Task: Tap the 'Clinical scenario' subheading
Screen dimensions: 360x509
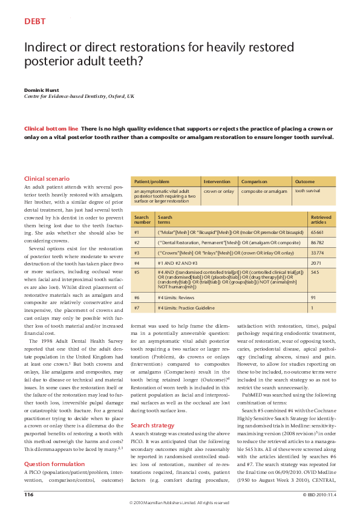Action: pyautogui.click(x=46, y=179)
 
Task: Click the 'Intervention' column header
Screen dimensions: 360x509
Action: pyautogui.click(x=217, y=181)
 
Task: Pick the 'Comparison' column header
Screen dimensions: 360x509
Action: pyautogui.click(x=255, y=181)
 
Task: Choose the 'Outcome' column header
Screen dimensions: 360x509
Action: pyautogui.click(x=304, y=181)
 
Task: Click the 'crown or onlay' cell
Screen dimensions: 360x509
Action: pyautogui.click(x=219, y=190)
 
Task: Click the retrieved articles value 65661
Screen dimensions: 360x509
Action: pyautogui.click(x=318, y=232)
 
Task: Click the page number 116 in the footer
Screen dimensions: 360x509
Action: pyautogui.click(x=29, y=494)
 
